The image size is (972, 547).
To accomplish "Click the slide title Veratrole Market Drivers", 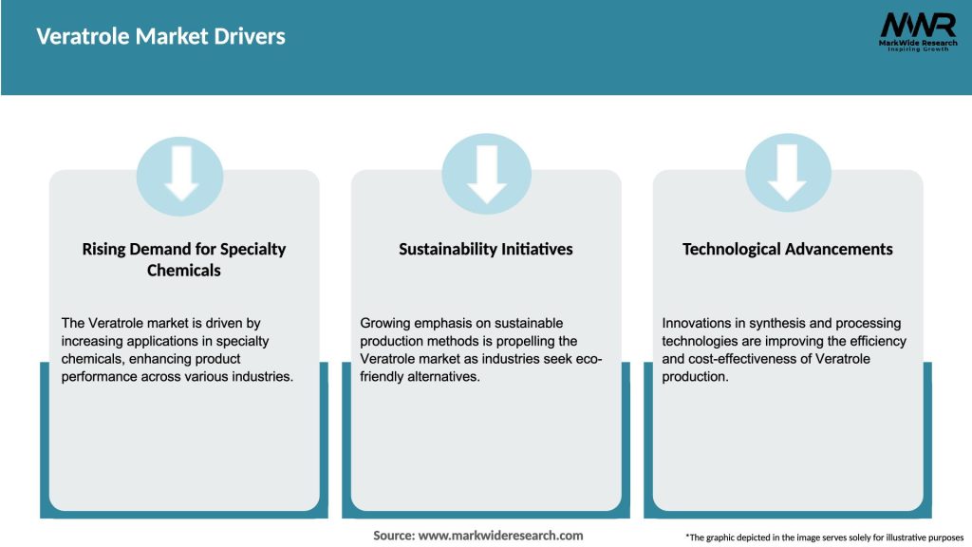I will (x=160, y=37).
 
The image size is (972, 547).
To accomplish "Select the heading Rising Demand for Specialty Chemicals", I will (x=184, y=259).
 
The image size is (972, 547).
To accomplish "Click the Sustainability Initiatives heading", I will (x=486, y=249).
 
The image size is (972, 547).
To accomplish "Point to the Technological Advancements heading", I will (x=788, y=249).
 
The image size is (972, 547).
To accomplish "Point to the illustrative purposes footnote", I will (x=824, y=538).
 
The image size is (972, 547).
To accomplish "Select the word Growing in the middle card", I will (x=385, y=324).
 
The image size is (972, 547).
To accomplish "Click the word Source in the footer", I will (x=394, y=536).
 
